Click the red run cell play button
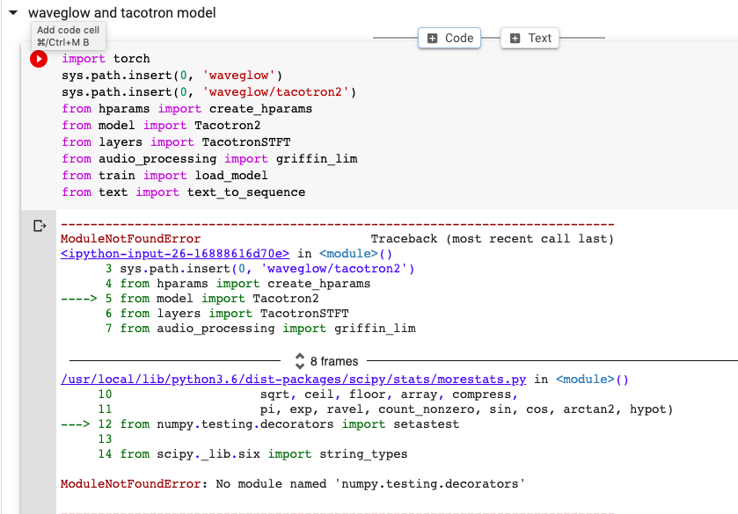coord(39,59)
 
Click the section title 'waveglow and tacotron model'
coord(121,13)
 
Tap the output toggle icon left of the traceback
coord(39,227)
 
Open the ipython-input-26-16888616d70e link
coord(174,253)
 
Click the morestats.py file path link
coord(293,380)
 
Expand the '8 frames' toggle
coord(326,360)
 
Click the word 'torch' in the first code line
coord(132,59)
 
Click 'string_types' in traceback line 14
coord(364,454)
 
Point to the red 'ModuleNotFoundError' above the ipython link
coord(130,239)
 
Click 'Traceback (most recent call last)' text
coord(492,239)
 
